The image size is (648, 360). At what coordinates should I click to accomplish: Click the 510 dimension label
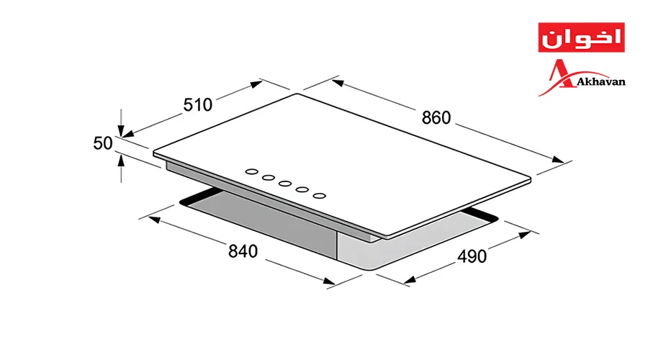198,105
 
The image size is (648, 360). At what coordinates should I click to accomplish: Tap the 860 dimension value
436,118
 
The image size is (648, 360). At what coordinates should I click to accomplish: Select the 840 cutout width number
243,251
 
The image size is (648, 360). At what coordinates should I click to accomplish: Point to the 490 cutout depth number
472,256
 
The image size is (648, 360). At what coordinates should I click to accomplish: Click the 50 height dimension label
103,143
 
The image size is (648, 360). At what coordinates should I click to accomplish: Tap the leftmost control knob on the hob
251,171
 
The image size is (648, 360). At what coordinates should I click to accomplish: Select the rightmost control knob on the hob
319,196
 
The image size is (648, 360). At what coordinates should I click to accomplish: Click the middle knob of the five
285,184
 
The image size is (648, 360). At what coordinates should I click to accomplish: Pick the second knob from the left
269,178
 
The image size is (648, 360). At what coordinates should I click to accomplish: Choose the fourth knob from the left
302,189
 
